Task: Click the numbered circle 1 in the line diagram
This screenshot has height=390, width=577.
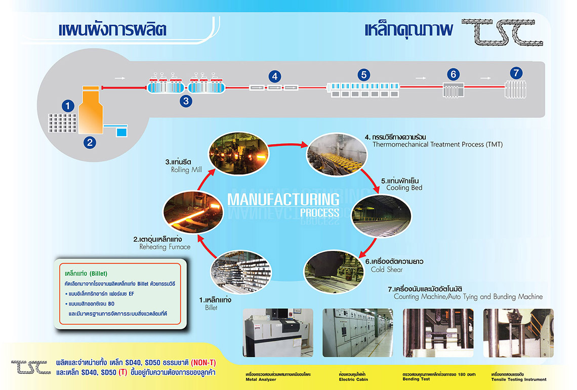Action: [x=68, y=106]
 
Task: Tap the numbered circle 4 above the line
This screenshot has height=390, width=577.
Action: [x=274, y=76]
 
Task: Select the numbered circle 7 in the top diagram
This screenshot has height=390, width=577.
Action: [x=516, y=73]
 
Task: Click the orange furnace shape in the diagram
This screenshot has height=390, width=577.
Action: [x=91, y=110]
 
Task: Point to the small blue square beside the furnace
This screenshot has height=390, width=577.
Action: [x=121, y=132]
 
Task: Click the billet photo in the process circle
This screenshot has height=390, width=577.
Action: [x=241, y=272]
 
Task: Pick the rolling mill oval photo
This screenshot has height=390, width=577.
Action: [x=239, y=153]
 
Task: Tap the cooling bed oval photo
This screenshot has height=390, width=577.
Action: [x=381, y=216]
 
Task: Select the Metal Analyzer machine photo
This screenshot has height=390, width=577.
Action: [x=278, y=333]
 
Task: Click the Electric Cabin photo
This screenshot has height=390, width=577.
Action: [x=358, y=333]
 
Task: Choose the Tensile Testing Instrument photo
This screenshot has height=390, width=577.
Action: [x=518, y=333]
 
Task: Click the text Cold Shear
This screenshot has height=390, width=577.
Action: [x=387, y=270]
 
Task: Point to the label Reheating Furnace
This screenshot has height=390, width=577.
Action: [x=165, y=247]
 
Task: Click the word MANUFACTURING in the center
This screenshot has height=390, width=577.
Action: [x=283, y=200]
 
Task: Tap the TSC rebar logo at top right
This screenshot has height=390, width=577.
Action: [x=502, y=32]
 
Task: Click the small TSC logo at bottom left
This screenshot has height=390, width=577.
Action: [x=31, y=367]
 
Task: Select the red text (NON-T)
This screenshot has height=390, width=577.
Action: [x=203, y=363]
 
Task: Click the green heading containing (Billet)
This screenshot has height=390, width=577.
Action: [x=86, y=274]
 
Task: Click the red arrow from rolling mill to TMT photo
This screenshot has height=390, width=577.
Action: [x=288, y=145]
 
